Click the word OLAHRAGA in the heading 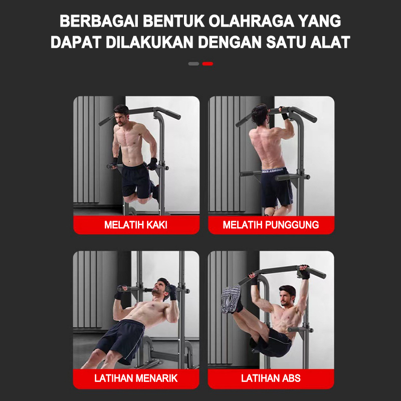click(x=252, y=21)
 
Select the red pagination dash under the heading click(x=208, y=64)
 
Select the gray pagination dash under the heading click(x=193, y=64)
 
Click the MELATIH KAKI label click(x=136, y=225)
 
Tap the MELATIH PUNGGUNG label click(x=271, y=225)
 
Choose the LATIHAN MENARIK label click(x=136, y=378)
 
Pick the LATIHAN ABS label click(x=271, y=378)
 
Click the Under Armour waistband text click(x=273, y=170)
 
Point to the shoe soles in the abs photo click(x=231, y=299)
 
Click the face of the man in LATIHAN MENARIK click(x=159, y=289)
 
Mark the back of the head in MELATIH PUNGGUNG click(x=259, y=114)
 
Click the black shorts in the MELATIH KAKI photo click(x=137, y=181)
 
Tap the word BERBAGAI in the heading click(x=99, y=21)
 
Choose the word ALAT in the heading click(x=330, y=42)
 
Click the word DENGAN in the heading click(x=230, y=42)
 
